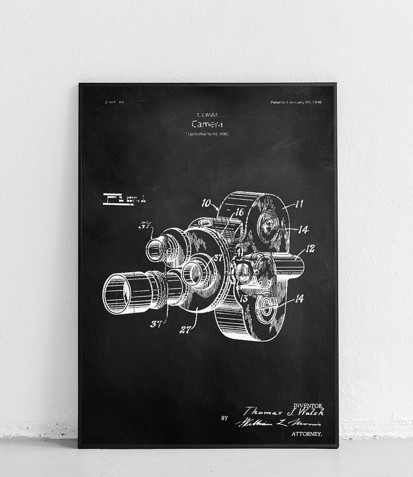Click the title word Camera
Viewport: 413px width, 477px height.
click(207, 124)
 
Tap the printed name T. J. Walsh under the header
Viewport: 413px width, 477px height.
click(207, 114)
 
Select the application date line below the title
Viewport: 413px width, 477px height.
click(207, 134)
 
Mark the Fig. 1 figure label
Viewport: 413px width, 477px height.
click(124, 198)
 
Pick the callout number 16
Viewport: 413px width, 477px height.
click(239, 212)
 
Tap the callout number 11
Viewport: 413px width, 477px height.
click(299, 204)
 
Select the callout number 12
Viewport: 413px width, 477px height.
click(310, 249)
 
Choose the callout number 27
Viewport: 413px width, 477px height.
click(185, 329)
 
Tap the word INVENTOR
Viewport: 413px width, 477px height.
click(310, 406)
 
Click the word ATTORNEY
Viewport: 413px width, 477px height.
click(307, 434)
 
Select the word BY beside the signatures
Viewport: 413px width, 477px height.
click(225, 418)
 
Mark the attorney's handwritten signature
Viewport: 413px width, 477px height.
click(278, 423)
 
